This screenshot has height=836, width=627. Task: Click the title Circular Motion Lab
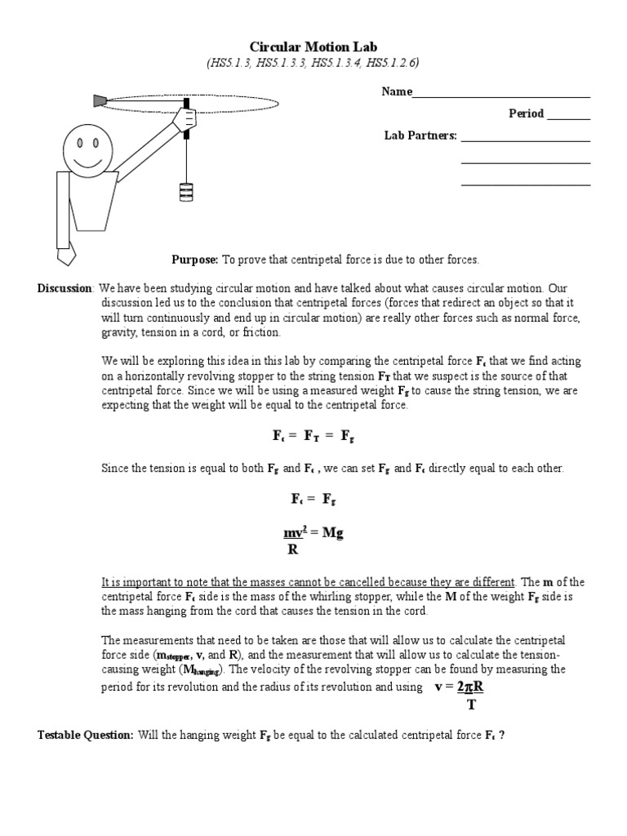[x=313, y=47]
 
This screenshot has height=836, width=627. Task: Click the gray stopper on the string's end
[x=100, y=100]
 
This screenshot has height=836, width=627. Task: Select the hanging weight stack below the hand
[x=186, y=192]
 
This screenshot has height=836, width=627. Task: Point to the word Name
[x=397, y=92]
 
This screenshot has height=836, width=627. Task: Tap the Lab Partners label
[x=420, y=136]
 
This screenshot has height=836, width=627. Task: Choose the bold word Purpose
[x=194, y=260]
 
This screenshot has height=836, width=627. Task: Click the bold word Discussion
[x=66, y=288]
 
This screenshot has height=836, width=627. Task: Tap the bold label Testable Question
[x=86, y=735]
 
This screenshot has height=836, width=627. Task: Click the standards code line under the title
[x=313, y=63]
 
